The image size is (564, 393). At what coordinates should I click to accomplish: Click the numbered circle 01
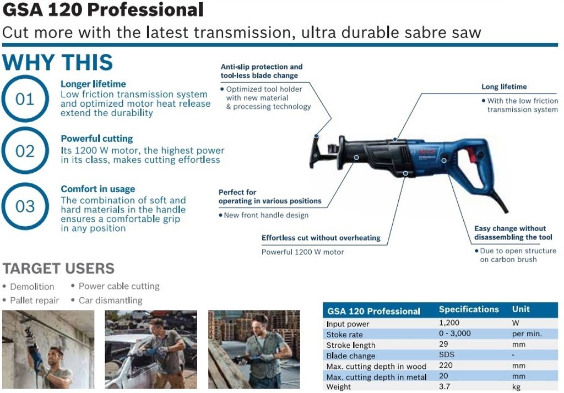pos(25,75)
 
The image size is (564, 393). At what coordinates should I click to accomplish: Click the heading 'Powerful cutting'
pos(97,139)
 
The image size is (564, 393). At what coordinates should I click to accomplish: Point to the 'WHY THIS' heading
pos(57,62)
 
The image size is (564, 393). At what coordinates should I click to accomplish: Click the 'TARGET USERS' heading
pos(58,269)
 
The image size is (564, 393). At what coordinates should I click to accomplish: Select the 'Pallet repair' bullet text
pos(35,301)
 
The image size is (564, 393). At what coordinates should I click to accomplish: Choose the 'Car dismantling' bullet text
pos(110,300)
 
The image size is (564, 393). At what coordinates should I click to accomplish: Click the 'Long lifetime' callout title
pos(504,86)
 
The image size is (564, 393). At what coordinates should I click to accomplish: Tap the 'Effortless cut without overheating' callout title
pos(321,238)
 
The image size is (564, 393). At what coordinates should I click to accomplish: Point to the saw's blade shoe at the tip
pos(316,151)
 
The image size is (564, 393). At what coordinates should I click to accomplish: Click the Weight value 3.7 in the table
pos(444,386)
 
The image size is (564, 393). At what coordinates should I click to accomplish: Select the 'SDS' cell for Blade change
pos(446,354)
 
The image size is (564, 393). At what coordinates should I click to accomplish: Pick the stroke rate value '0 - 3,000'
pos(454,334)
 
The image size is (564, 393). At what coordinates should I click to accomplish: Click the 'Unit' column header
pos(521,309)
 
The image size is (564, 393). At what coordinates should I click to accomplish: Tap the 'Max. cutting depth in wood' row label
pos(376,367)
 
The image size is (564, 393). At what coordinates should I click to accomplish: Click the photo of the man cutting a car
pos(151,350)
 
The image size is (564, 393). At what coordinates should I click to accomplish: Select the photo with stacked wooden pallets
pos(254,350)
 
